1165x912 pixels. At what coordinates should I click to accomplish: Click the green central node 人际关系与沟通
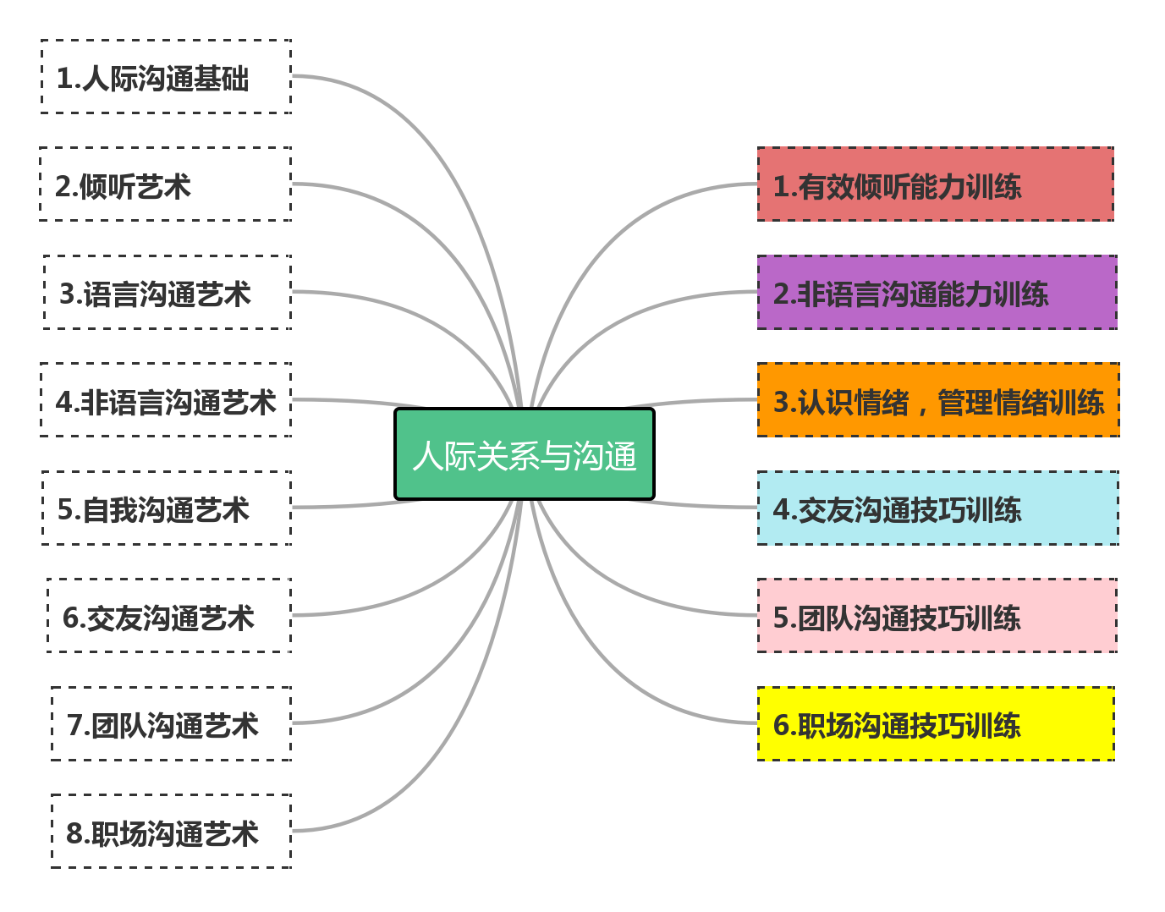[525, 454]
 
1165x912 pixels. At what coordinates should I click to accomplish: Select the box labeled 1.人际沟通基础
[167, 76]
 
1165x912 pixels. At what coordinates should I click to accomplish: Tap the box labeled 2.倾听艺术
[166, 184]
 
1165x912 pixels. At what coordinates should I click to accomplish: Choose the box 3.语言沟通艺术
[168, 292]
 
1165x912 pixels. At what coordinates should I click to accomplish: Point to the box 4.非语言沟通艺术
[166, 400]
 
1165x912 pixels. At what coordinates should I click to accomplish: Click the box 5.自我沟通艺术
[167, 508]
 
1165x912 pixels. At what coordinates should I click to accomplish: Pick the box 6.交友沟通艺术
[169, 616]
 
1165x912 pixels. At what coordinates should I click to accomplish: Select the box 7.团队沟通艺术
[171, 723]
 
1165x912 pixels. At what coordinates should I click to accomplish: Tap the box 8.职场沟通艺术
[171, 832]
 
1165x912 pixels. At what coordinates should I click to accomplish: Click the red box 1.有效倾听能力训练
[935, 184]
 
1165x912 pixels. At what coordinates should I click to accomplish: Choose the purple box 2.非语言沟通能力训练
[937, 292]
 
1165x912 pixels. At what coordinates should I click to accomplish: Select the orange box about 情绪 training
[938, 400]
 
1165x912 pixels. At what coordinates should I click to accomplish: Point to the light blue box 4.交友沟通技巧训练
[937, 508]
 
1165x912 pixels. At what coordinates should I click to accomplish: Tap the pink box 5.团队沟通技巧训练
[937, 616]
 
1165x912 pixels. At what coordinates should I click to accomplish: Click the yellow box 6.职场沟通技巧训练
[935, 723]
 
